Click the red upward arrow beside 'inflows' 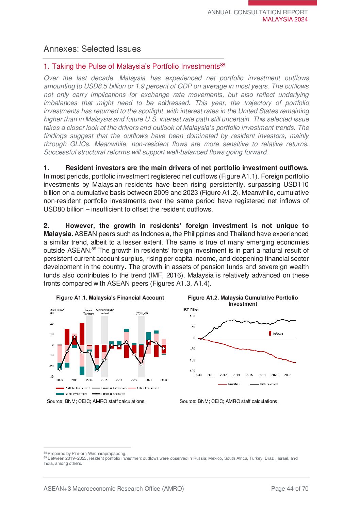click(x=270, y=334)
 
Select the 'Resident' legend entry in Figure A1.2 click(x=233, y=384)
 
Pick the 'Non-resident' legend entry click(x=268, y=384)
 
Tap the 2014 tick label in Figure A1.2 click(x=236, y=375)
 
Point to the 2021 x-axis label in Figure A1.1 click(x=149, y=380)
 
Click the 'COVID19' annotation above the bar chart click(x=142, y=313)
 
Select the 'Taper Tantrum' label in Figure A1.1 click(x=88, y=312)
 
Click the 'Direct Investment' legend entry click(x=76, y=394)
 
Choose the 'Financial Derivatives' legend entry click(x=114, y=388)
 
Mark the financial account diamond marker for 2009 click(x=60, y=369)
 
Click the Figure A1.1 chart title click(x=110, y=298)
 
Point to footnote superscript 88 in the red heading click(x=223, y=64)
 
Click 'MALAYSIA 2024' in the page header click(x=285, y=19)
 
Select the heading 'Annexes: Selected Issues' click(x=92, y=49)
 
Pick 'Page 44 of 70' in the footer click(x=290, y=489)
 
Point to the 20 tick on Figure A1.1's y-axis click(x=52, y=324)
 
